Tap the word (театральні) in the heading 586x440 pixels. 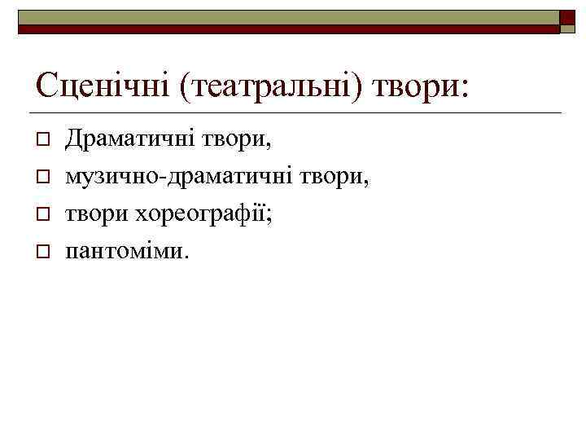tap(271, 84)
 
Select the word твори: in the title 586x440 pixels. tap(421, 84)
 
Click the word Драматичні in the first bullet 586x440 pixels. tap(134, 139)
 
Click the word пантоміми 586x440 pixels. tap(126, 252)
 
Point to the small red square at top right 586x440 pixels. tap(567, 18)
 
